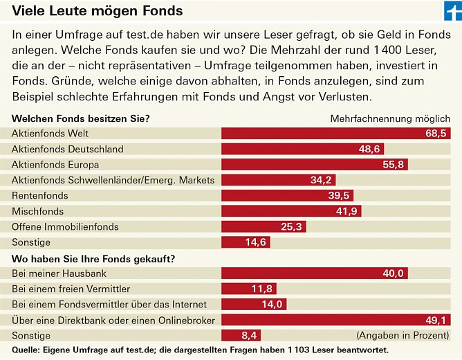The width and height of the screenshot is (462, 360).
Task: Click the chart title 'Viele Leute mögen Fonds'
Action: point(98,11)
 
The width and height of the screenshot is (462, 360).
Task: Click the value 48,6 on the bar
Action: point(368,149)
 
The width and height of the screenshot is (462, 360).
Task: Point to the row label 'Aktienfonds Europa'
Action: point(55,165)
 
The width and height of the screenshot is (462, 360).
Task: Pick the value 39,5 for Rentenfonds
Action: point(339,196)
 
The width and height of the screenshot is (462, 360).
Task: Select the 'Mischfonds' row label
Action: point(38,211)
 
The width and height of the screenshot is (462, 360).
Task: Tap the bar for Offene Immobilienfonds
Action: point(264,227)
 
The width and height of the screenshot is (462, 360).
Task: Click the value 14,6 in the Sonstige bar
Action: point(256,242)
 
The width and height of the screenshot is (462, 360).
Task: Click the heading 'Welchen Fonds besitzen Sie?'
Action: point(81,118)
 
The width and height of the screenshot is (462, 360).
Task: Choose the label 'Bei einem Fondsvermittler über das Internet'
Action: point(107,304)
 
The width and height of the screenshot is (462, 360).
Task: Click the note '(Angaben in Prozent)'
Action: point(403,335)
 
